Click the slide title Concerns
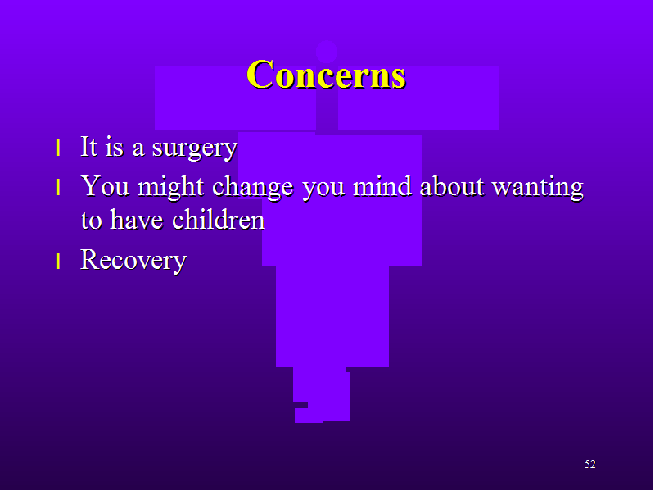[x=326, y=75]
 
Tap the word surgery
[x=195, y=148]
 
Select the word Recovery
[x=133, y=260]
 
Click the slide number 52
[x=589, y=464]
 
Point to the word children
[x=219, y=220]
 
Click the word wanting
[x=538, y=188]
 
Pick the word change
[x=253, y=187]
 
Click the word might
[x=170, y=187]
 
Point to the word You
[x=105, y=186]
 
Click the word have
[x=136, y=220]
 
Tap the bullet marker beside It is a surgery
[x=58, y=148]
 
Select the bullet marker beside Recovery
[x=58, y=261]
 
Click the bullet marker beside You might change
[x=58, y=187]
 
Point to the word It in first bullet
[x=89, y=147]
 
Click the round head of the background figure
[x=326, y=52]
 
